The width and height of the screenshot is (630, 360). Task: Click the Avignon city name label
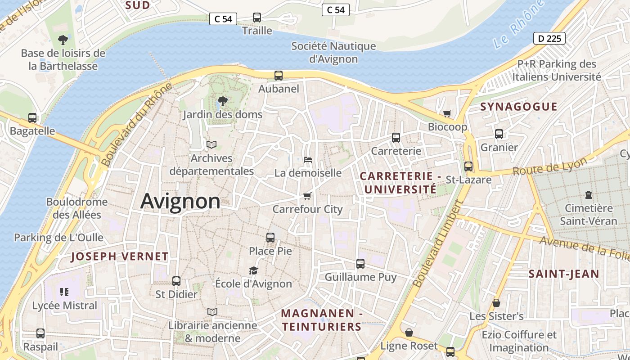(180, 201)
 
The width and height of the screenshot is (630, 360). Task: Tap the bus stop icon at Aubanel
(279, 76)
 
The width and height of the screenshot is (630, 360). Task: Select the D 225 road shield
(549, 39)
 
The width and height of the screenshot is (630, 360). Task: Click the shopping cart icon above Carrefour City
(307, 196)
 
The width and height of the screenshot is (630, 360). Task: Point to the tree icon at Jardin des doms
(222, 101)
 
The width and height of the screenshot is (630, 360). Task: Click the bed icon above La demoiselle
(308, 160)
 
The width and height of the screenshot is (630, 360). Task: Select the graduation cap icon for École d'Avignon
(254, 270)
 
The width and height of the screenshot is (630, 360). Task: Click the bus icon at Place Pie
(270, 238)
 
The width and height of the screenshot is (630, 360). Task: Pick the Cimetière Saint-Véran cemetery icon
(588, 195)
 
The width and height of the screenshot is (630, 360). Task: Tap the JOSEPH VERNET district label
(120, 256)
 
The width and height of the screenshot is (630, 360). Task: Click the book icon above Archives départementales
(211, 145)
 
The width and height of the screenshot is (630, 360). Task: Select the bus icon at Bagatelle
(32, 118)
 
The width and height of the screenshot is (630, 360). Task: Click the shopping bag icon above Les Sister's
(496, 303)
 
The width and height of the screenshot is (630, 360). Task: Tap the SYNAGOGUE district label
(518, 107)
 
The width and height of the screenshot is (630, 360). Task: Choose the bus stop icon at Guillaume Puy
(360, 264)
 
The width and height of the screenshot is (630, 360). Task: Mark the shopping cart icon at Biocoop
(447, 113)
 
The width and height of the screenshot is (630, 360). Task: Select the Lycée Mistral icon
(64, 292)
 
